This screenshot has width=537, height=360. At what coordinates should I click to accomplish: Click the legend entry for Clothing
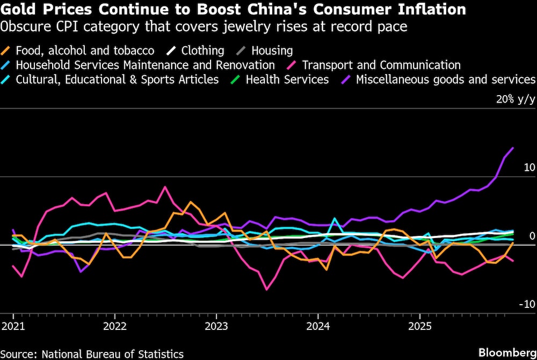click(202, 51)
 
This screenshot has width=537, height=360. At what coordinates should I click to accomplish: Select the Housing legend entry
click(272, 51)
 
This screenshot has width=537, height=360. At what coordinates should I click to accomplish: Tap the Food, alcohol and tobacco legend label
click(85, 51)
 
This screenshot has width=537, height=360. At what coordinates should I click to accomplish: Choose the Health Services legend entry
click(287, 80)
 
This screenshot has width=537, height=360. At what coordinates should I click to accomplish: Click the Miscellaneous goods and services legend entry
click(445, 80)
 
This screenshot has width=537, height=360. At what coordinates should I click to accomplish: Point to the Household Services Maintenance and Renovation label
click(145, 65)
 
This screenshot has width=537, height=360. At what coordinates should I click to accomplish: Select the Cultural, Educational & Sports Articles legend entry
click(117, 80)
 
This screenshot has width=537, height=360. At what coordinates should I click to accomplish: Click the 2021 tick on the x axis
click(13, 326)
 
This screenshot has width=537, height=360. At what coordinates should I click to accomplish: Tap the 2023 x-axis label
click(216, 326)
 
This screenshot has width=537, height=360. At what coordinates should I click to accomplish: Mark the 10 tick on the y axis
click(529, 168)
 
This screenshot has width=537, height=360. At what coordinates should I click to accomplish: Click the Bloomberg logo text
click(507, 352)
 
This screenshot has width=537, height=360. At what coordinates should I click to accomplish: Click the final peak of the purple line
click(513, 148)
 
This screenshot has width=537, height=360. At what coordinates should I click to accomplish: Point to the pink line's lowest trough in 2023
click(266, 290)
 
